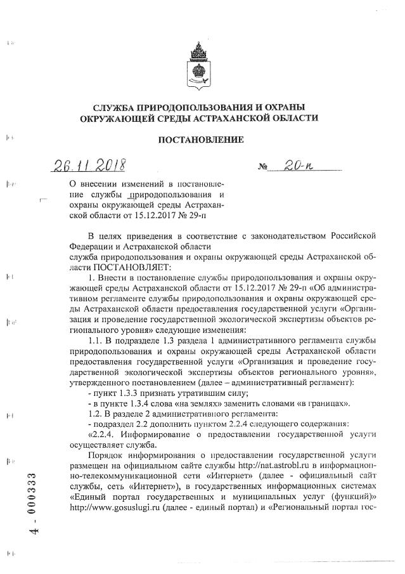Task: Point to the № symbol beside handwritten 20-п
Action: pos(262,169)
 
